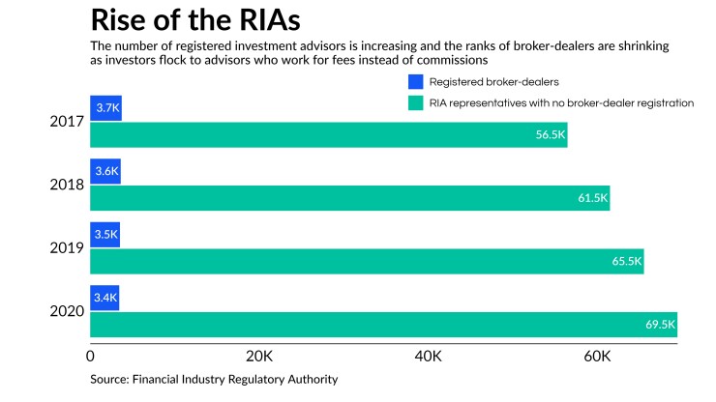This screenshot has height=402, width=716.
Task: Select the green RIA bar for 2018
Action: coord(349,197)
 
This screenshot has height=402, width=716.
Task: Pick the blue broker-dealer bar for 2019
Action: coord(104,235)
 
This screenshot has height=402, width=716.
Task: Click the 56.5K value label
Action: coord(550,135)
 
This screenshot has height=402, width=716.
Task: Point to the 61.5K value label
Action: coord(592,198)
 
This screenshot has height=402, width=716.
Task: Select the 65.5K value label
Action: coord(626,261)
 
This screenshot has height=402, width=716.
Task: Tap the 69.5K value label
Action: coord(659,325)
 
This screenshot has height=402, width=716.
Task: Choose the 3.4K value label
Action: coord(104,299)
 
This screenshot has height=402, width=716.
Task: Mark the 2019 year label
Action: coord(68,248)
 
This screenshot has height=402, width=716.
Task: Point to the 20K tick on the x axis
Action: coord(259,357)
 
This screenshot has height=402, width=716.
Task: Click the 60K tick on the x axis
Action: coord(597,357)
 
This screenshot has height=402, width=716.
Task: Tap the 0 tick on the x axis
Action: coord(91,357)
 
